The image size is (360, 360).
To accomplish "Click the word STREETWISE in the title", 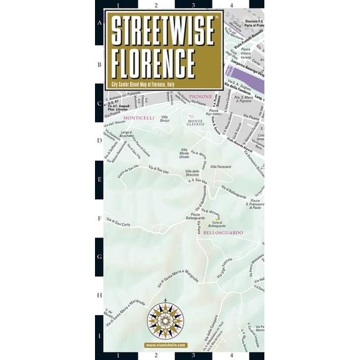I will point(163,30).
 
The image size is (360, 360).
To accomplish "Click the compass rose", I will point(165,321).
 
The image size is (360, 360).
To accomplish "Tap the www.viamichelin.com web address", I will point(165,344).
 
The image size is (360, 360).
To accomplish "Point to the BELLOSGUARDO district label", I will point(223,232).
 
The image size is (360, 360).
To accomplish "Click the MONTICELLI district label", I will point(139,117).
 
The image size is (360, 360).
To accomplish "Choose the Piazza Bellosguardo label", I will point(194,216).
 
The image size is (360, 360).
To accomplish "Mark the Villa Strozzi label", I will point(165,118).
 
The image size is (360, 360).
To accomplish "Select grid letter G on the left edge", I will point(99,257).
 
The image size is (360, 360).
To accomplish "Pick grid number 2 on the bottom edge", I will point(156,356).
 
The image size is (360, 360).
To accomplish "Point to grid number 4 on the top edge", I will point(232,4).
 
